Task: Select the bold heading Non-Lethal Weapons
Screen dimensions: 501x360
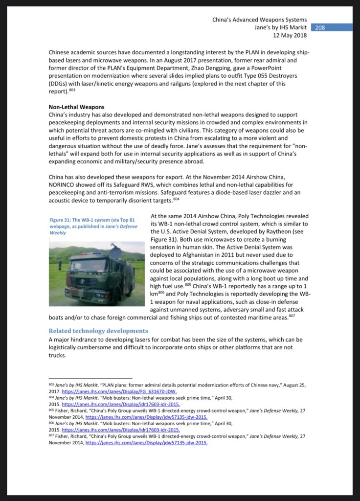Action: tap(76, 107)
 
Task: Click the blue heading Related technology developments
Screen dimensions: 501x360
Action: tap(98, 331)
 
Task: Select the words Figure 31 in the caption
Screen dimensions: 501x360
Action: tap(62, 220)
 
